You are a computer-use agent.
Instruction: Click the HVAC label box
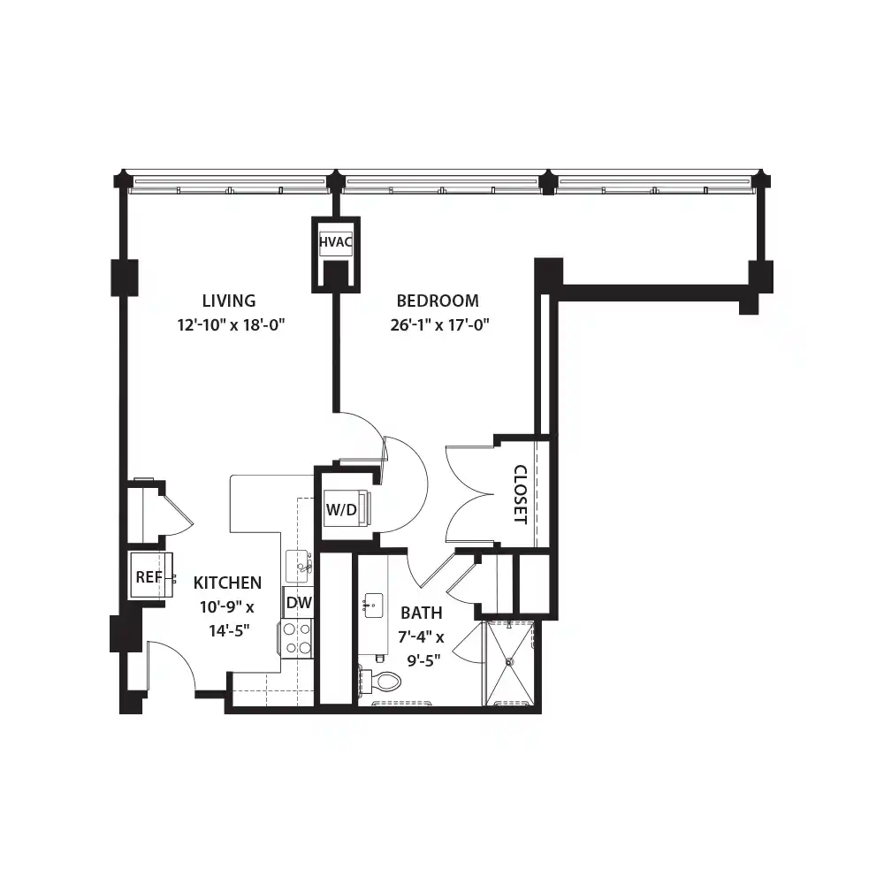pyautogui.click(x=335, y=242)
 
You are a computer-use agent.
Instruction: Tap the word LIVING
pyautogui.click(x=229, y=301)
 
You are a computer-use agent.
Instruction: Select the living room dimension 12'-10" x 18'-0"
pyautogui.click(x=231, y=324)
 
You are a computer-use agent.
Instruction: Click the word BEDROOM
pyautogui.click(x=438, y=301)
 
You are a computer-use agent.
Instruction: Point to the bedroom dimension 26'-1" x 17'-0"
pyautogui.click(x=439, y=324)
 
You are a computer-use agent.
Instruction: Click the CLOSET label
pyautogui.click(x=521, y=494)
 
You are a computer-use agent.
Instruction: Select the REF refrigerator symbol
pyautogui.click(x=152, y=575)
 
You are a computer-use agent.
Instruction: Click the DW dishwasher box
pyautogui.click(x=298, y=603)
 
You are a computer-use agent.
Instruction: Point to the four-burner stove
pyautogui.click(x=296, y=638)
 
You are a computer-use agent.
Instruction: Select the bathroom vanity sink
pyautogui.click(x=373, y=605)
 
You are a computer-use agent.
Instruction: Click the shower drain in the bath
pyautogui.click(x=510, y=662)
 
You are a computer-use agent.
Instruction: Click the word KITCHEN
pyautogui.click(x=227, y=583)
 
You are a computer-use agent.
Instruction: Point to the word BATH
pyautogui.click(x=422, y=613)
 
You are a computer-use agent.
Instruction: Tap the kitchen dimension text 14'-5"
pyautogui.click(x=229, y=630)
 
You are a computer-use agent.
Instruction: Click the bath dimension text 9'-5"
pyautogui.click(x=424, y=660)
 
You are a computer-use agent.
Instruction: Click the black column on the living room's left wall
pyautogui.click(x=125, y=278)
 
